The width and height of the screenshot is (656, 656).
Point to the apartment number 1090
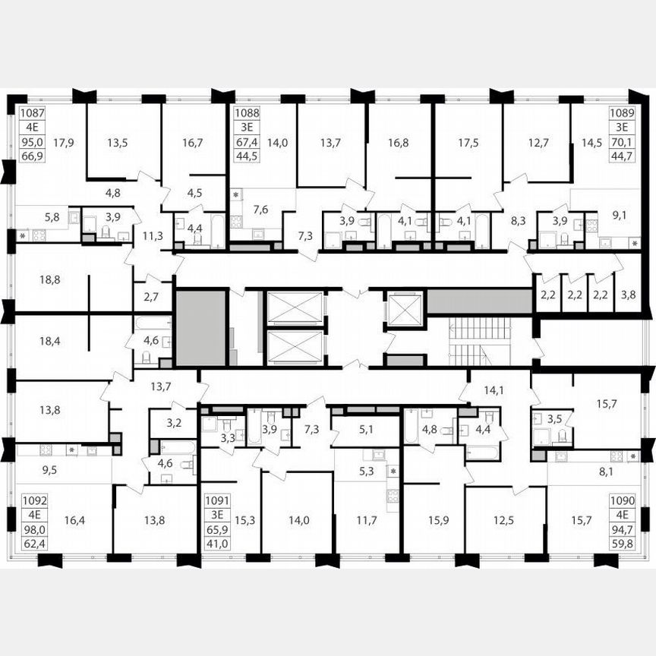[x=623, y=501]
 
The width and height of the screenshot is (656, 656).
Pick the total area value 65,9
[x=217, y=528]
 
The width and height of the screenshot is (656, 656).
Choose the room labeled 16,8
[x=399, y=141]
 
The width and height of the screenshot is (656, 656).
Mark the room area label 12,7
[x=537, y=141]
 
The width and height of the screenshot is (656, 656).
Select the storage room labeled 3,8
[x=629, y=294]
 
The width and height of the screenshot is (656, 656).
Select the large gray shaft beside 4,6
[x=201, y=328]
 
